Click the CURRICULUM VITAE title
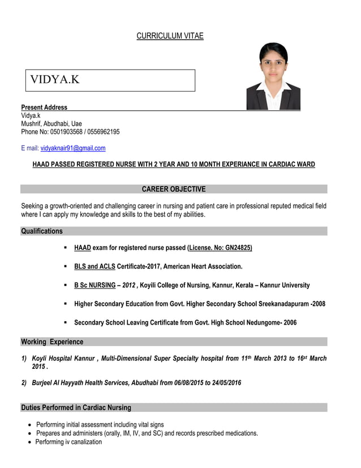point(170,36)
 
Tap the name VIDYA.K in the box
point(55,80)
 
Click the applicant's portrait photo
point(273,76)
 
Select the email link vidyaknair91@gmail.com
point(73,148)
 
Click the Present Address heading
point(44,107)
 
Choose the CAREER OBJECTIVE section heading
point(174,189)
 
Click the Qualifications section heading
point(42,231)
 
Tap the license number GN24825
point(238,248)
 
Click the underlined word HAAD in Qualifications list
point(83,248)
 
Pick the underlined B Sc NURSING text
point(94,285)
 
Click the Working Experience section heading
point(52,342)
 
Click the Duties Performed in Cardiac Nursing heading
point(76,407)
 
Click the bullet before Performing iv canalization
point(29,443)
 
